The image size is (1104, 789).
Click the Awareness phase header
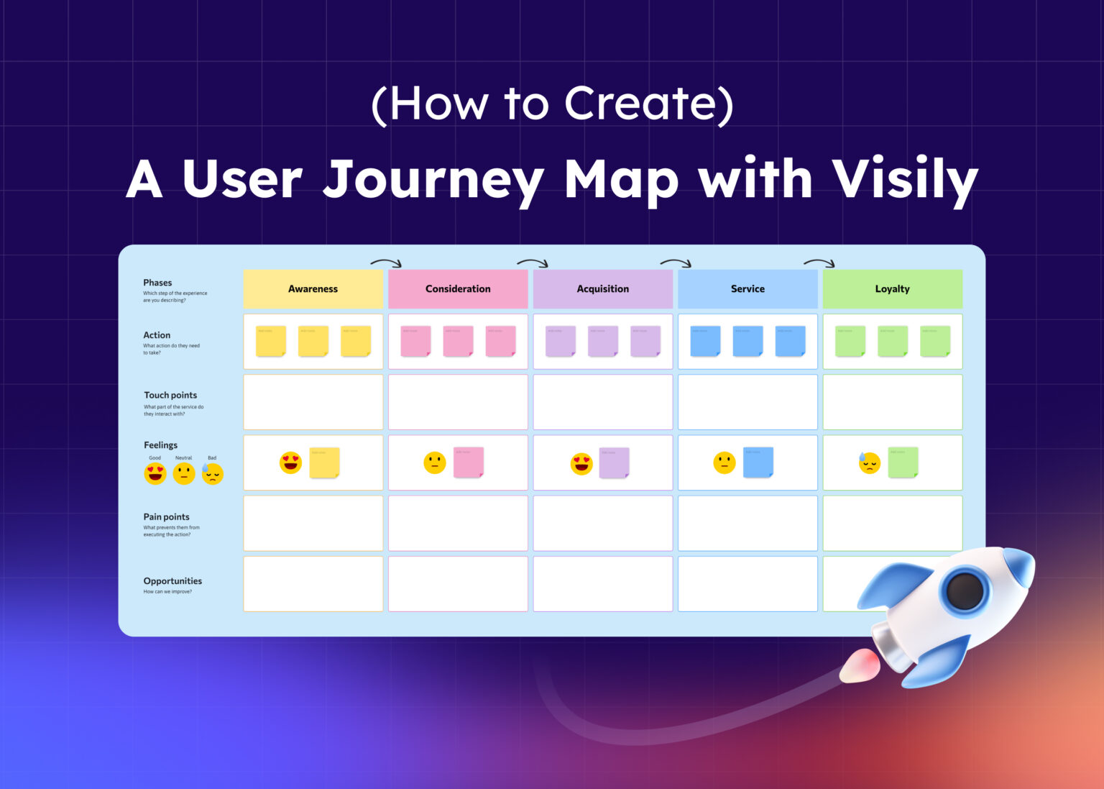[313, 289]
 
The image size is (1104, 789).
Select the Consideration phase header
[458, 289]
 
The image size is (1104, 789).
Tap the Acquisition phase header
[602, 289]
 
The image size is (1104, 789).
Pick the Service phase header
[747, 289]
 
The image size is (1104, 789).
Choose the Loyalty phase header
[892, 289]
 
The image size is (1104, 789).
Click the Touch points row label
[170, 396]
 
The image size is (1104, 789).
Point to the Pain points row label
[166, 517]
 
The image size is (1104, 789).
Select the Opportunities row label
[172, 581]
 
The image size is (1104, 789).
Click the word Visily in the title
[905, 180]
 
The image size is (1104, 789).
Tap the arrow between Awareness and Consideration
[386, 263]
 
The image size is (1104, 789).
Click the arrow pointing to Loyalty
[819, 263]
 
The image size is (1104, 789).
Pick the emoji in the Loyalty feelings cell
[870, 462]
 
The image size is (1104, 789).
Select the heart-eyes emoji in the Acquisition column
[581, 464]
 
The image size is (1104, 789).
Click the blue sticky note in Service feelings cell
[758, 462]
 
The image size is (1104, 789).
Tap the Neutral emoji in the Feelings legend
[184, 474]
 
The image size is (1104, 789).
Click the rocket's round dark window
[965, 590]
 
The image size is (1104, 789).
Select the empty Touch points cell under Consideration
[458, 402]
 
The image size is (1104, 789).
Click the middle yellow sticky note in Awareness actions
[313, 341]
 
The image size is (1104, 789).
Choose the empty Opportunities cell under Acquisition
[602, 584]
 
